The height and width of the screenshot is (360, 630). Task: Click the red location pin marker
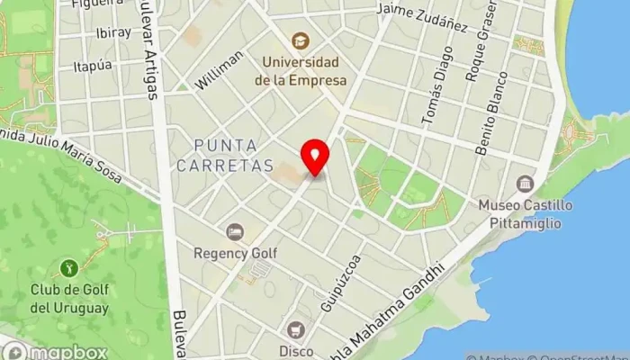315,157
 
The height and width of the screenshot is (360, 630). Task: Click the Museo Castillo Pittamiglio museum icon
526,184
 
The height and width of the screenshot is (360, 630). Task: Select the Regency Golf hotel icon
235,233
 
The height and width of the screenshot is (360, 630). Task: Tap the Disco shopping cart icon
295,330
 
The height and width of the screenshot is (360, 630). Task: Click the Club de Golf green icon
68,267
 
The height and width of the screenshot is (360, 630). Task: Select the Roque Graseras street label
473,54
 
